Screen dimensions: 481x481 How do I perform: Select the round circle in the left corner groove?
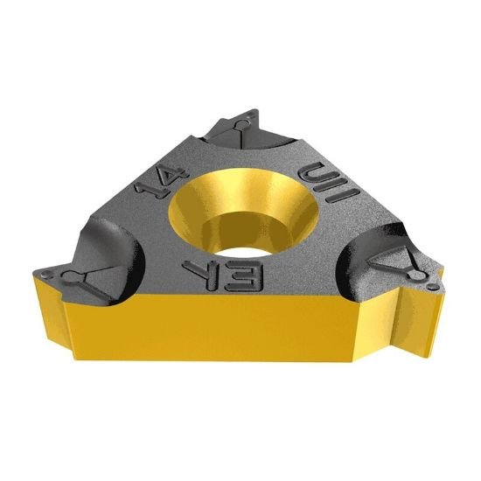68,277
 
